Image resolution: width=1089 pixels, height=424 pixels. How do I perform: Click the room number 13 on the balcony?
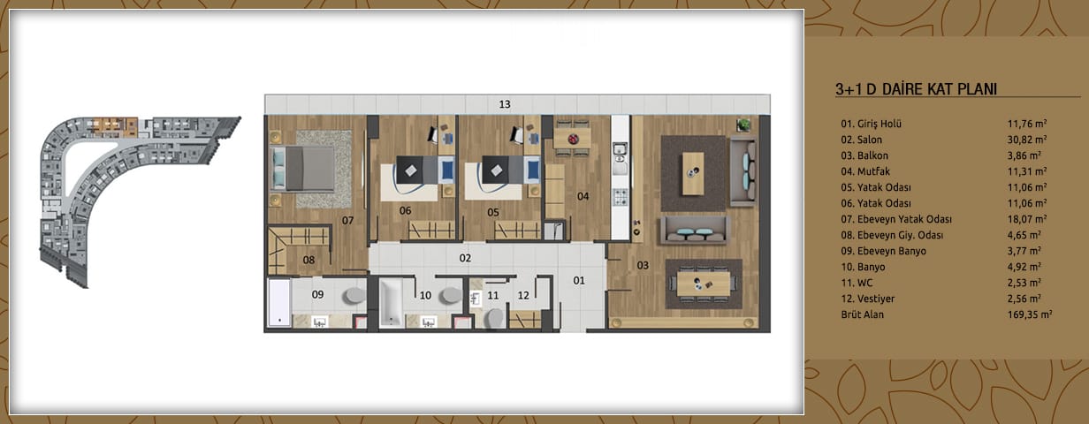[x=505, y=104]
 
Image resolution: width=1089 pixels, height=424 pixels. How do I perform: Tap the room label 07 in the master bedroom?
[x=347, y=221]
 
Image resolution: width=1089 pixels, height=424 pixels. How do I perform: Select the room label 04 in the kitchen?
[x=583, y=196]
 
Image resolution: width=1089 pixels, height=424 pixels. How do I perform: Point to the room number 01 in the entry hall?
[x=579, y=280]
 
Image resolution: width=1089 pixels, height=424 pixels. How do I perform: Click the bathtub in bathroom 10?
[x=391, y=303]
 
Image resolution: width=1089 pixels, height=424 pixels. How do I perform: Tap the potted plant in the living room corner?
[x=742, y=125]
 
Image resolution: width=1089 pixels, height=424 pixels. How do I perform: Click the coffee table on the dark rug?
[x=693, y=173]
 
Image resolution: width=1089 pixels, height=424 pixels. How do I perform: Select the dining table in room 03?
[x=704, y=284]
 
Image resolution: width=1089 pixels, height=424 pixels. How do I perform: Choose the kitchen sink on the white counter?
[x=620, y=158]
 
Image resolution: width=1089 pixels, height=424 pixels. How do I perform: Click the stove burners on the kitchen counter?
[x=620, y=197]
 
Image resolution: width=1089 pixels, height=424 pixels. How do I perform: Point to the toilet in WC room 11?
[x=495, y=319]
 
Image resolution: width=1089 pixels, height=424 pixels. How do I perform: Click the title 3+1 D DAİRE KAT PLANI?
[x=916, y=89]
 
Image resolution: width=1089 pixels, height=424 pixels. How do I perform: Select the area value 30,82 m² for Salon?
[x=1027, y=140]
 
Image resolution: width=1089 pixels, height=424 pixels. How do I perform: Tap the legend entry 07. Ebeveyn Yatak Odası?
[x=896, y=219]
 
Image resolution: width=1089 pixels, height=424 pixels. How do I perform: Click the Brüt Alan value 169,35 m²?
[x=1030, y=314]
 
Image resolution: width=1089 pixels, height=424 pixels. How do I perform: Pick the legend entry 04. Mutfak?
[x=865, y=171]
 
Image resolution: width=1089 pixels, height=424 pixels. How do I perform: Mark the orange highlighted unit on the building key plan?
[x=115, y=125]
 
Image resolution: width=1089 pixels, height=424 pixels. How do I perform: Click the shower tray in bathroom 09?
[x=279, y=303]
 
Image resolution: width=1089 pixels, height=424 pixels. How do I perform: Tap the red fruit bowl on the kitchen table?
[x=574, y=140]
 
